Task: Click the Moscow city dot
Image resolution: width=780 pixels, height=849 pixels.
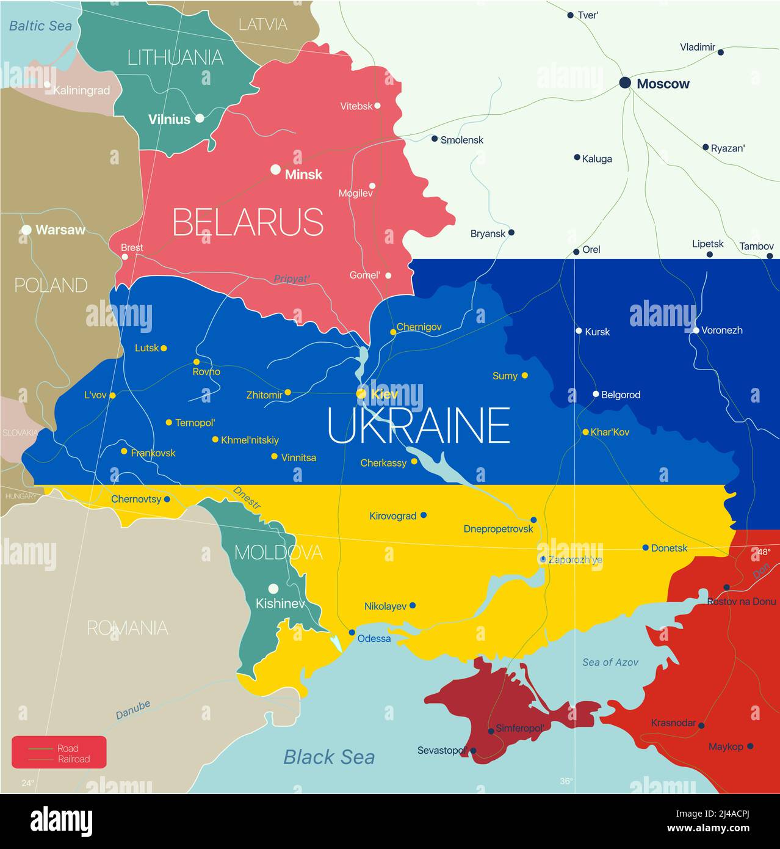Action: (x=625, y=82)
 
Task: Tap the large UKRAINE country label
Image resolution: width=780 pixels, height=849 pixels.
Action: (x=419, y=426)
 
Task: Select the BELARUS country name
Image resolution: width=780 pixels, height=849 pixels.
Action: (x=248, y=222)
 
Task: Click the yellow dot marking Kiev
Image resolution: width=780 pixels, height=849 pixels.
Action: (x=361, y=394)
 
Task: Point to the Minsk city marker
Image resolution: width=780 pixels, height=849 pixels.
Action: (x=276, y=169)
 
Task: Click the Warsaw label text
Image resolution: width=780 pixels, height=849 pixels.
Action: (x=60, y=230)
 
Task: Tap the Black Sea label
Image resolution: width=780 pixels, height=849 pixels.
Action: (x=329, y=757)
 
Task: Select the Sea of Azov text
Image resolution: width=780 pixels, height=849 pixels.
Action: (x=610, y=662)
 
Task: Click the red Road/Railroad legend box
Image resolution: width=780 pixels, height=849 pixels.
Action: (x=59, y=752)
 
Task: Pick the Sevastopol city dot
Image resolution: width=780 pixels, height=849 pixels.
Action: (x=473, y=751)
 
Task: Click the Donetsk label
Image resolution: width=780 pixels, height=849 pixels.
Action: (x=669, y=548)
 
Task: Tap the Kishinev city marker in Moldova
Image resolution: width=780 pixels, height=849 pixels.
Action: (x=273, y=589)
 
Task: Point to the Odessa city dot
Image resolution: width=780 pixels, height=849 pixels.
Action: (x=352, y=632)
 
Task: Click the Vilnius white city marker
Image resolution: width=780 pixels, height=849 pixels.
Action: (x=200, y=118)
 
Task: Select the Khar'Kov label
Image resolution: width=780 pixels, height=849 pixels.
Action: (x=610, y=432)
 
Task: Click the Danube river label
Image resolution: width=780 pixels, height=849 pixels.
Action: (x=133, y=709)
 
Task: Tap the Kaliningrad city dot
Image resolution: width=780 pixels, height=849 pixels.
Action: (x=47, y=84)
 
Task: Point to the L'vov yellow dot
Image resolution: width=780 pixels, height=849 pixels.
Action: (x=112, y=395)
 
